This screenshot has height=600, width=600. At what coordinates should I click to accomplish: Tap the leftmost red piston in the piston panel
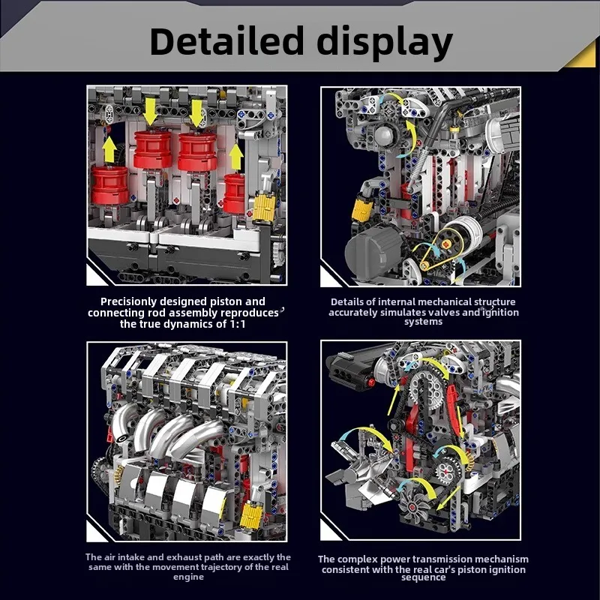tap(110, 185)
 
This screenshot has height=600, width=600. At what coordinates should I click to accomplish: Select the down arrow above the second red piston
tap(196, 112)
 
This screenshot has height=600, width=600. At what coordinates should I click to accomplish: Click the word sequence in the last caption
tap(423, 578)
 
